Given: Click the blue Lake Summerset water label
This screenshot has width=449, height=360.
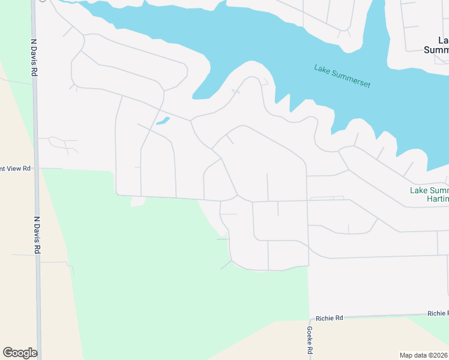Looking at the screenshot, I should coord(342,76).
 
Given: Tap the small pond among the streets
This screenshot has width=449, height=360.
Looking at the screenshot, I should coord(162,121).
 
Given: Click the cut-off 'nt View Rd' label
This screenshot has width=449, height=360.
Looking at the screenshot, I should coord(15,169).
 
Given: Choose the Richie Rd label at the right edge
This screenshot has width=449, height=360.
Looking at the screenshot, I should coord(438,313).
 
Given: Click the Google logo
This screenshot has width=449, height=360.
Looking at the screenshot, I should coord(20,353).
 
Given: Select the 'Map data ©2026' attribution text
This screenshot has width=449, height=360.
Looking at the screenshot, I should coord(424,355).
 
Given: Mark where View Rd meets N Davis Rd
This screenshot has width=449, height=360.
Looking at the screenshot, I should coord(37,169).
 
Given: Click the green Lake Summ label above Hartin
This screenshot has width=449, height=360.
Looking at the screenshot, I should coord(429,190).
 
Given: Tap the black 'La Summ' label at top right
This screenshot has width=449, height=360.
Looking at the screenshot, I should coord(436,45).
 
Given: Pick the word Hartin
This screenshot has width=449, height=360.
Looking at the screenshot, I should coord(437,199).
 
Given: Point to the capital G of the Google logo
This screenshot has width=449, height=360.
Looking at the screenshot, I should coord(8,353).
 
